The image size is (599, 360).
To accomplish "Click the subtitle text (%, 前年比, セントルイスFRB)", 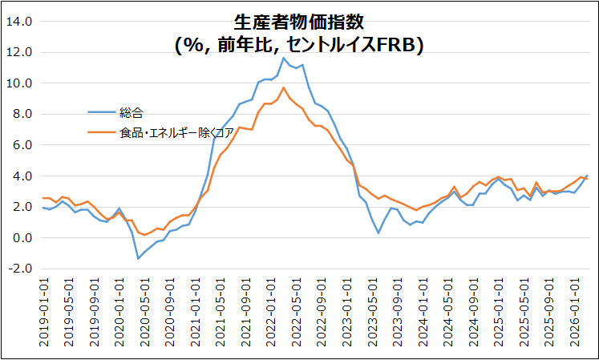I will pyautogui.click(x=298, y=46).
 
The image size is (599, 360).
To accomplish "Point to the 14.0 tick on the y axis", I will pyautogui.click(x=18, y=22).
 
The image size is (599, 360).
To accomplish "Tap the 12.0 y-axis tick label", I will pyautogui.click(x=18, y=53).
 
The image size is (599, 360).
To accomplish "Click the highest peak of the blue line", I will pyautogui.click(x=283, y=58).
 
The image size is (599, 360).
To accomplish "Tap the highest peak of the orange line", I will pyautogui.click(x=283, y=87).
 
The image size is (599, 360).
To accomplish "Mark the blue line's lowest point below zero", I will pyautogui.click(x=138, y=258).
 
